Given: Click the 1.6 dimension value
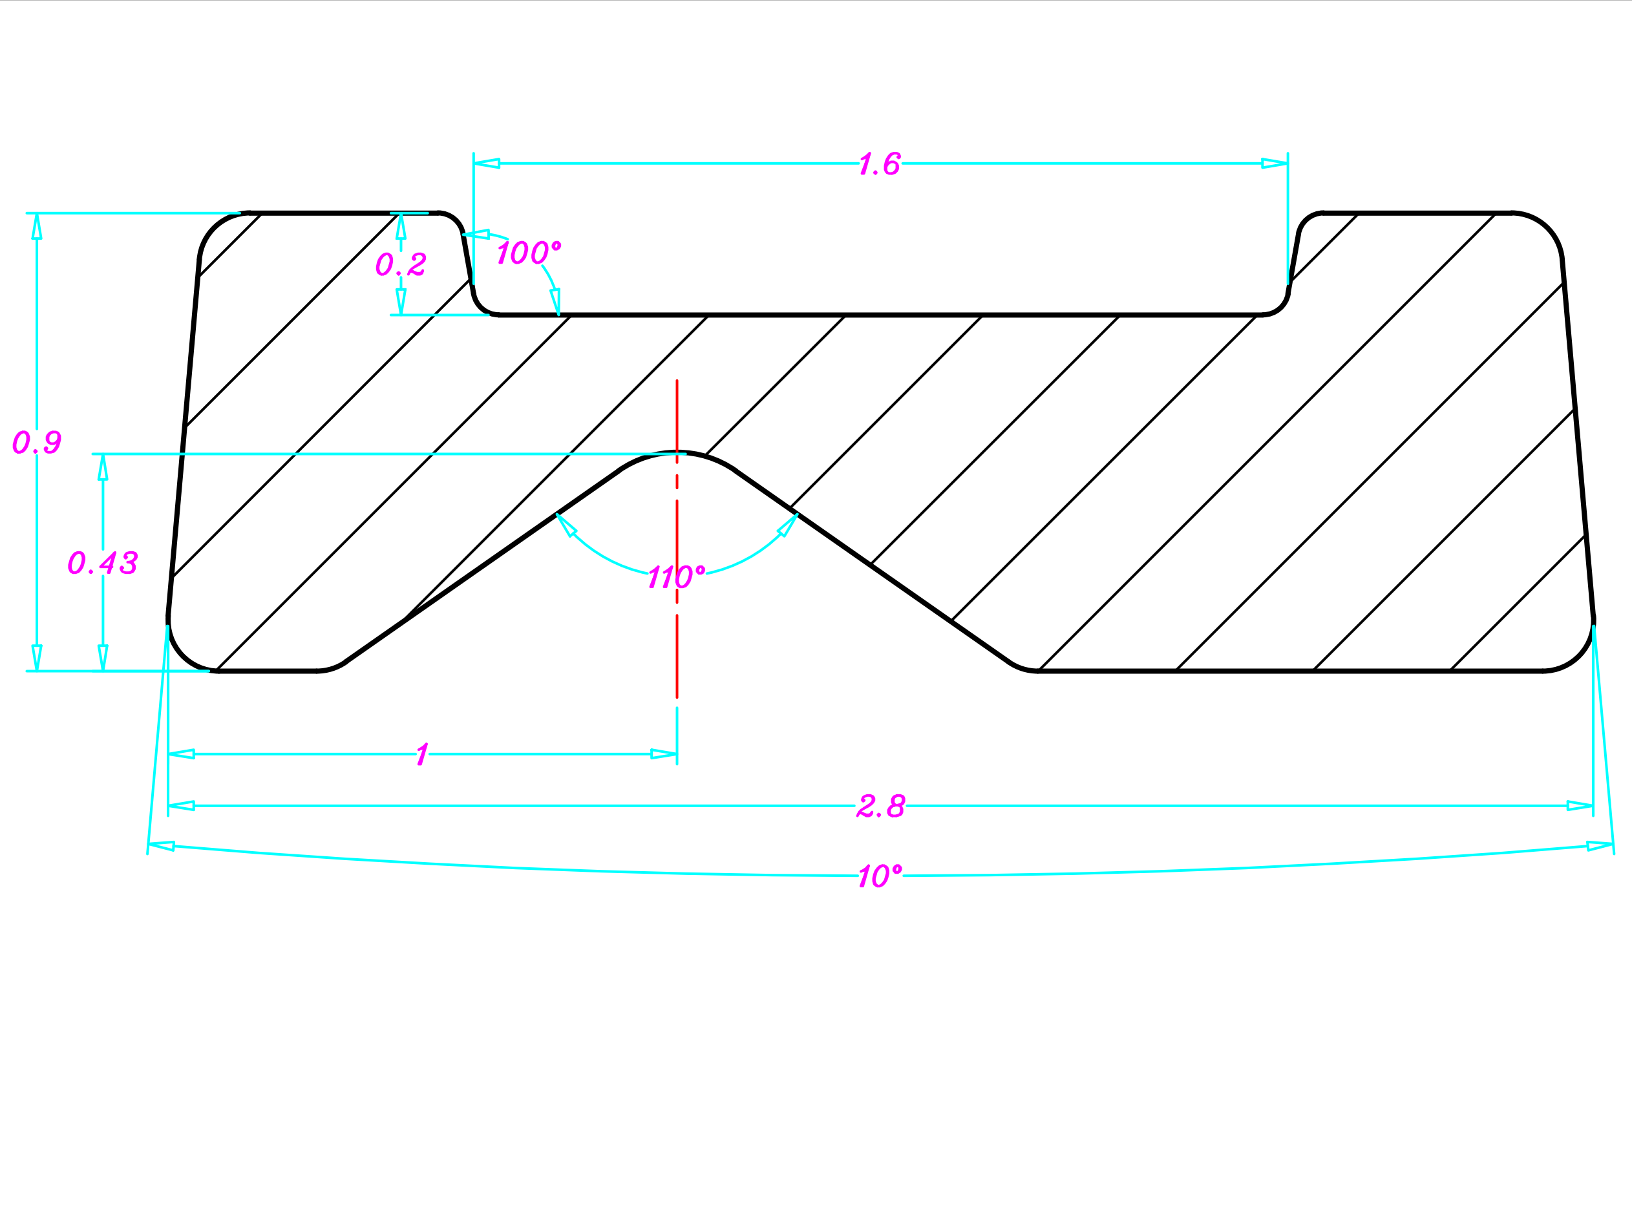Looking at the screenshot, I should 880,164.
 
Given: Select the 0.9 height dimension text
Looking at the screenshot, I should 37,443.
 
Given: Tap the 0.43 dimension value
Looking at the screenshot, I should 103,563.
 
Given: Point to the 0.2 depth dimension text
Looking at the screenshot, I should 401,264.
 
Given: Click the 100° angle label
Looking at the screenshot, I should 528,252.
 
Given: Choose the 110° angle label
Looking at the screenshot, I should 676,577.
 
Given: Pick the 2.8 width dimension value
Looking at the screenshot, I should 880,807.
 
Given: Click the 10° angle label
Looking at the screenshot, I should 880,876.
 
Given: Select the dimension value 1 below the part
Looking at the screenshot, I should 422,755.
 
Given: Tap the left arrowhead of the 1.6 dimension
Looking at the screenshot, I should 486,164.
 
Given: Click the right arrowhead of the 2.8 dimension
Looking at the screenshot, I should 1580,806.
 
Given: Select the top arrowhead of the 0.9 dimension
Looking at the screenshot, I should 37,226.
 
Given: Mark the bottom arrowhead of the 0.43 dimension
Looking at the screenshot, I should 103,657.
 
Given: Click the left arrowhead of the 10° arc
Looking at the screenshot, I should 162,845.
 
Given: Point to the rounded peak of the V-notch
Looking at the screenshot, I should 677,453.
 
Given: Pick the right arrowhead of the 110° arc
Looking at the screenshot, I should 789,525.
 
